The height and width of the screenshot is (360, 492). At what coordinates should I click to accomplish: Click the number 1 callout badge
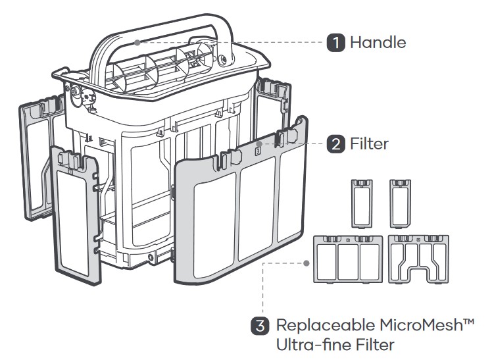336,43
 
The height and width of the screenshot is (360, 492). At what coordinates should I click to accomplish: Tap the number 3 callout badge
260,325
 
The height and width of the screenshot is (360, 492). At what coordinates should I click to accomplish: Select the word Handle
378,43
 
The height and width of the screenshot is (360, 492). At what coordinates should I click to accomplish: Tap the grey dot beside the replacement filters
307,263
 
